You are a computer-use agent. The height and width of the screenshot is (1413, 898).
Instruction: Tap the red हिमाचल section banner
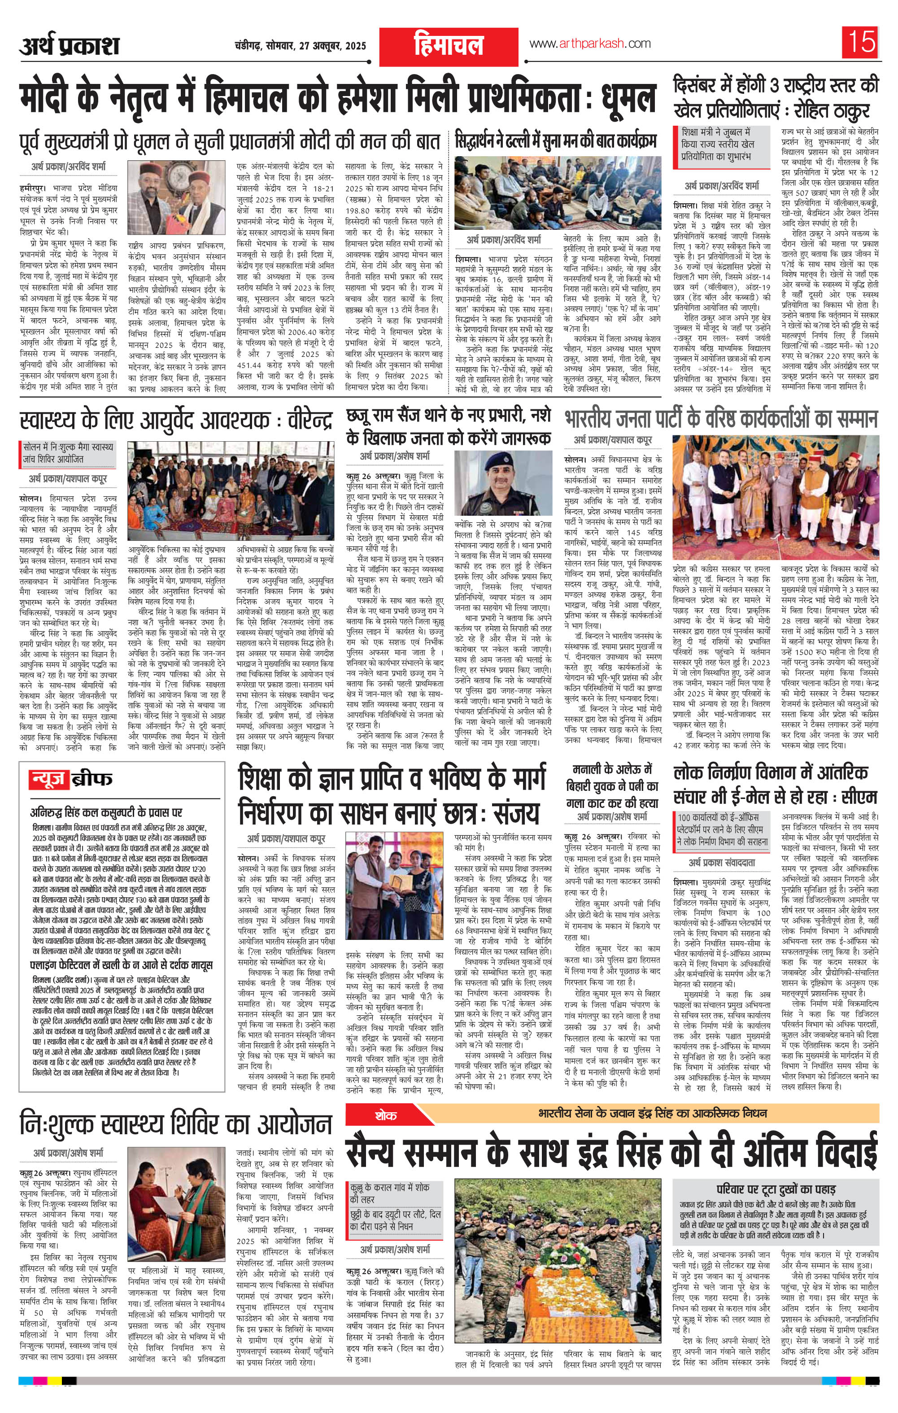(x=448, y=46)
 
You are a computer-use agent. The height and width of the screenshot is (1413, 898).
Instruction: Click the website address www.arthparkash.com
(x=589, y=44)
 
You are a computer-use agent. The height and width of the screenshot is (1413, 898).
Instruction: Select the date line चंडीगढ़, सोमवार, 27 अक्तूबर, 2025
(x=299, y=45)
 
